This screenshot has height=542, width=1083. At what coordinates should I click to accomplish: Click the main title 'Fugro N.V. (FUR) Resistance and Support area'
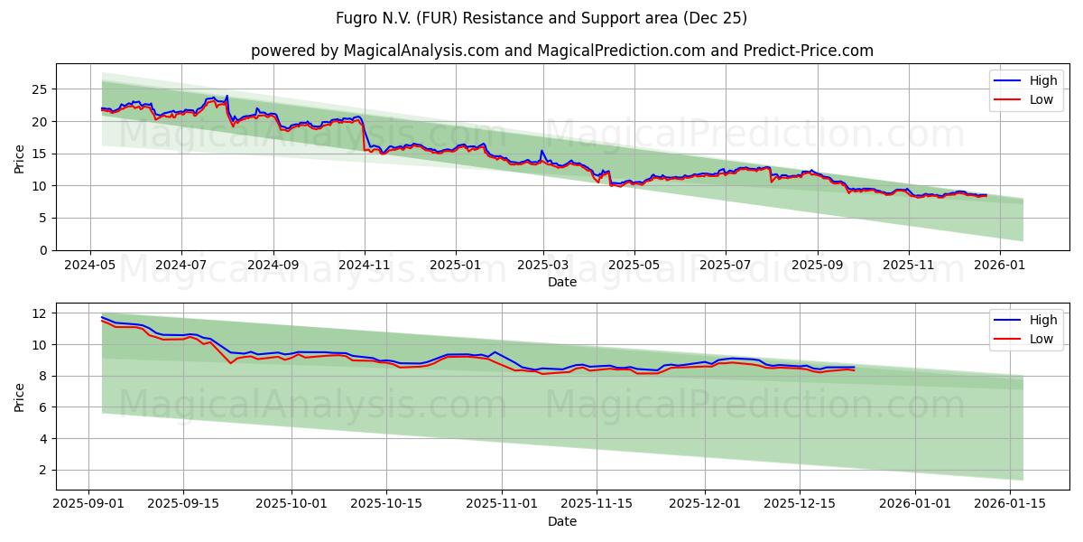coord(541,18)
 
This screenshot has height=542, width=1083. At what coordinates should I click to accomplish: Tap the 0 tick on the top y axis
coord(43,250)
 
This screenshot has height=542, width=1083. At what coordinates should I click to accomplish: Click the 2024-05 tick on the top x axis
coord(89,266)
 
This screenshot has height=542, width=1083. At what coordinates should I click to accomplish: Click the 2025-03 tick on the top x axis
coord(543,266)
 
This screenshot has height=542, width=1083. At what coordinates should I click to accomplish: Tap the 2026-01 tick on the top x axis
coord(1000,266)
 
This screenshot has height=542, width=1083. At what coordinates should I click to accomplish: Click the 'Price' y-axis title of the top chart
coord(20,157)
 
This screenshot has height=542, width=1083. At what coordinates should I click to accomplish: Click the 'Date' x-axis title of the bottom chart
coord(562,521)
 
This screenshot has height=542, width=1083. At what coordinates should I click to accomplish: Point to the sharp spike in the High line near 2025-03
coord(541,151)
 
